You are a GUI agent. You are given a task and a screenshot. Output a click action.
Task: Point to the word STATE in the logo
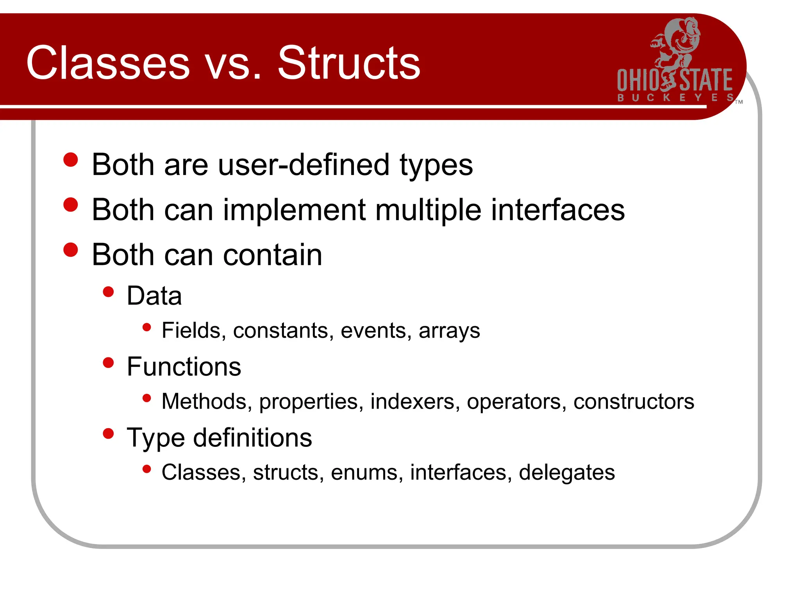point(706,80)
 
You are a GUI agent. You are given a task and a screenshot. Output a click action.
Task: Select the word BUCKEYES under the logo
point(675,98)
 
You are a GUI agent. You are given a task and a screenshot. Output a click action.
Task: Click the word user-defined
point(304,165)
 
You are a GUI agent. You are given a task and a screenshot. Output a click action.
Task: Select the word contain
point(273,255)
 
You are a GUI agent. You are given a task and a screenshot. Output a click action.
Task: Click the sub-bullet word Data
point(154,296)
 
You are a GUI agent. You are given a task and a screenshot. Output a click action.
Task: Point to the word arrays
point(449,331)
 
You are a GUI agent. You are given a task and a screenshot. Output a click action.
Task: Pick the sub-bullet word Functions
point(184,367)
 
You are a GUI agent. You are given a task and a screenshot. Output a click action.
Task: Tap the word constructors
point(634,402)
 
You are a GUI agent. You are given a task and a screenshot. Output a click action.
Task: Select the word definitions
point(252,437)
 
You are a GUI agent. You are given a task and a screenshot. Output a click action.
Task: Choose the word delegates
point(567,473)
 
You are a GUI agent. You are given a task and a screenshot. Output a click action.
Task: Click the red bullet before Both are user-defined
point(71,160)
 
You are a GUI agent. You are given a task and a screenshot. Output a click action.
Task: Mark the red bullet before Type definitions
point(108,434)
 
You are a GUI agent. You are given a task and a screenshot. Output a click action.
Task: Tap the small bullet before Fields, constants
point(147,327)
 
